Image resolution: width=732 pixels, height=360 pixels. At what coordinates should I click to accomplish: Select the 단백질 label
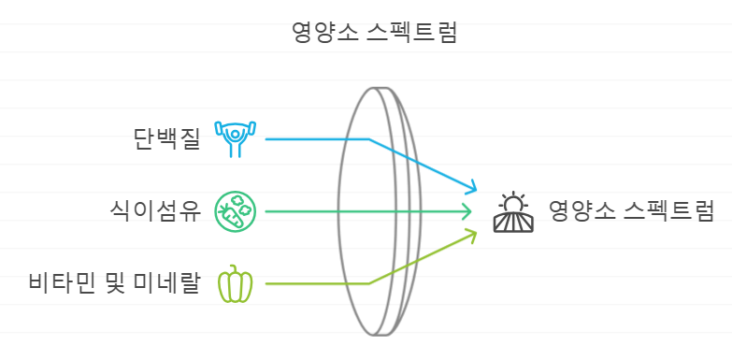[167, 139]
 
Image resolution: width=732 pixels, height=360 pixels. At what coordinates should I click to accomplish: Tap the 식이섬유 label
[155, 211]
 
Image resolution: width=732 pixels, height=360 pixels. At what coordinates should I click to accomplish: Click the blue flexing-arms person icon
[234, 138]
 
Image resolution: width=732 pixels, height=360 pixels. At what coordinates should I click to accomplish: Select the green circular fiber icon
[234, 211]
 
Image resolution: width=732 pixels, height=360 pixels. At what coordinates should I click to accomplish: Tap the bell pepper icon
[235, 284]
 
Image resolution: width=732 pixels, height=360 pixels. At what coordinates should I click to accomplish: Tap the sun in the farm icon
[513, 204]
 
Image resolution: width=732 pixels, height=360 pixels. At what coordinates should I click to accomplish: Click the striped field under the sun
[513, 223]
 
